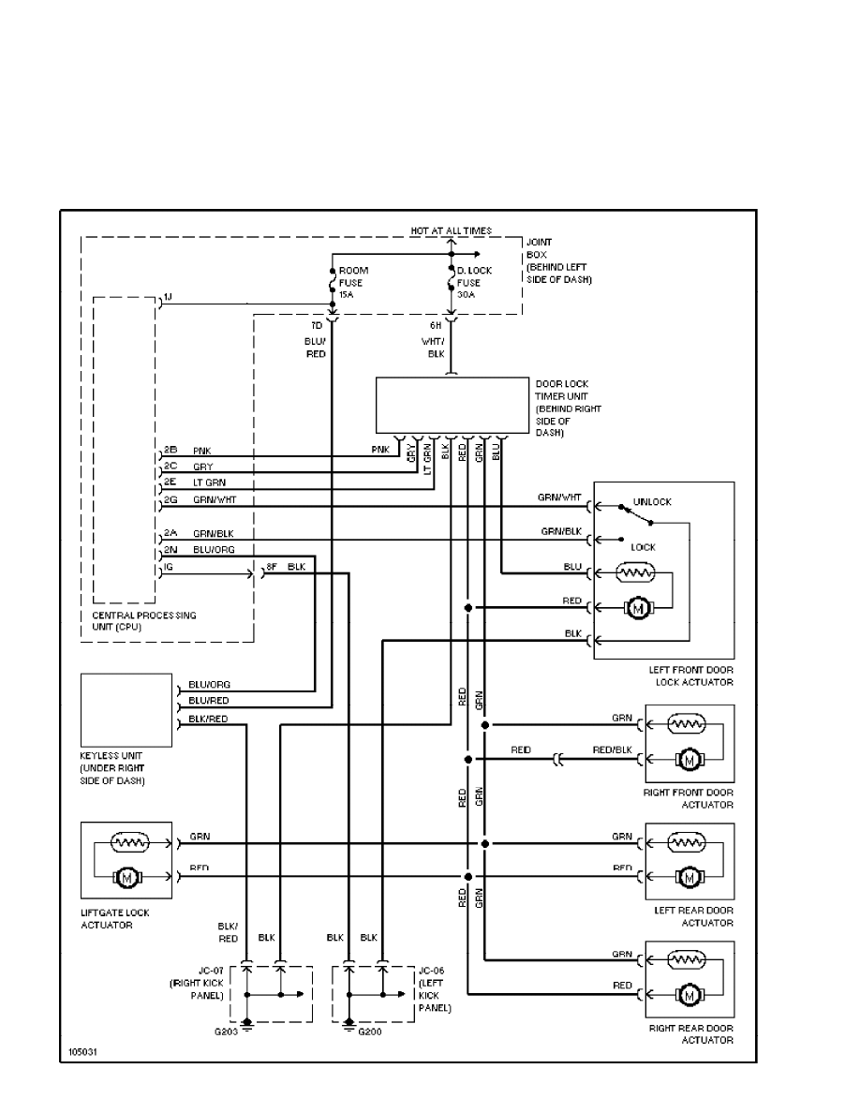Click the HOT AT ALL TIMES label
[x=451, y=230]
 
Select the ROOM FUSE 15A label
[x=353, y=283]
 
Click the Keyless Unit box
[x=126, y=708]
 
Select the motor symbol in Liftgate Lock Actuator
[x=125, y=877]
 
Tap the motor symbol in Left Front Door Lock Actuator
[x=637, y=609]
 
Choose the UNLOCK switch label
[x=653, y=502]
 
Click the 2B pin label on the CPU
[x=171, y=451]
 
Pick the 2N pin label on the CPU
[x=171, y=549]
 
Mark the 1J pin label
[x=167, y=297]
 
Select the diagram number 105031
[x=83, y=1051]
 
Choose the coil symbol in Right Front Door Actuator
[x=689, y=722]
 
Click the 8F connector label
[x=272, y=567]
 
